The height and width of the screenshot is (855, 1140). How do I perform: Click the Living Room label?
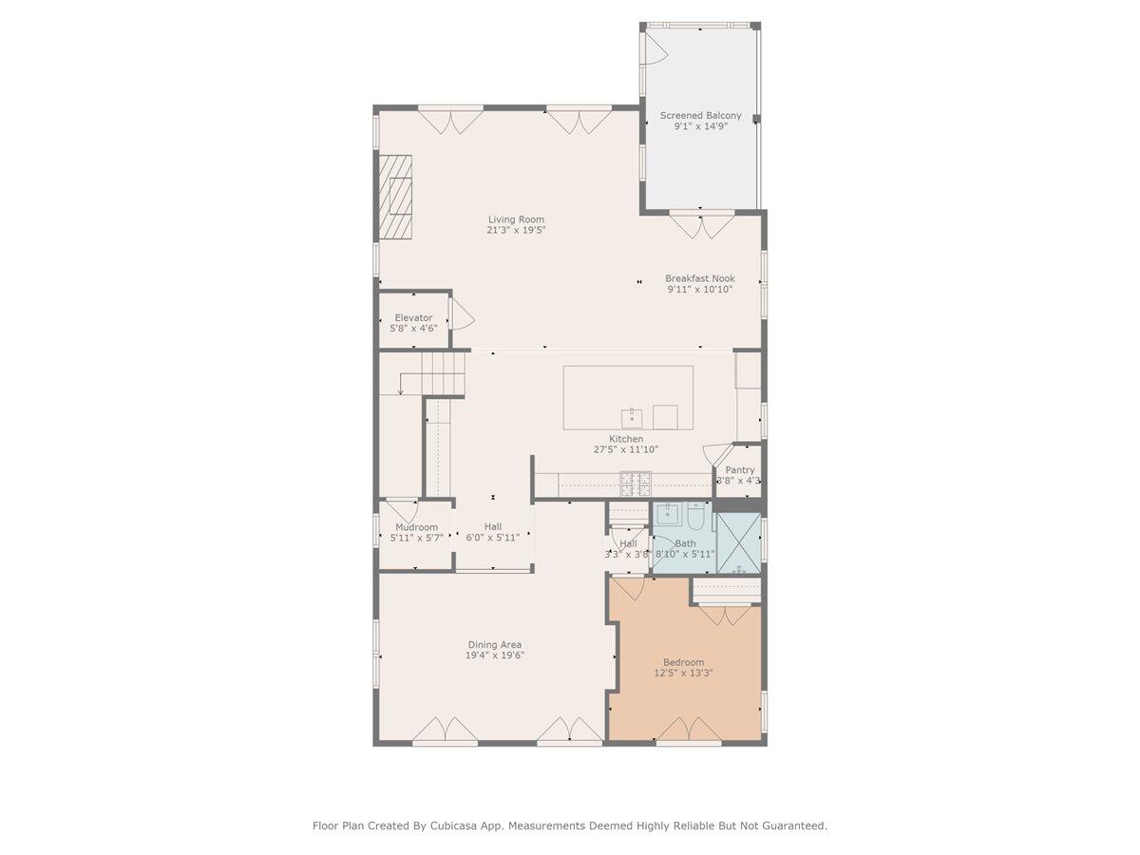tap(516, 219)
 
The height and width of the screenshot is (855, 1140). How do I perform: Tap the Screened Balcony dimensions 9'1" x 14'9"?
tap(700, 126)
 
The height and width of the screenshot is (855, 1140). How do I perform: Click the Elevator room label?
tap(413, 317)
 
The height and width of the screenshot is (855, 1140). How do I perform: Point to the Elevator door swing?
tap(460, 313)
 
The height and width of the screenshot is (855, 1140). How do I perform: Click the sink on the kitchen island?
tap(632, 416)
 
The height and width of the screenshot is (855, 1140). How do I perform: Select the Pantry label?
tap(740, 470)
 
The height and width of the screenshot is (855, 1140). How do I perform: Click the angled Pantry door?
tap(716, 453)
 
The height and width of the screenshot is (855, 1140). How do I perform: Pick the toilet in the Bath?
tap(695, 519)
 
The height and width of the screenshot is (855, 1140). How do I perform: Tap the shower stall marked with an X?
tap(737, 544)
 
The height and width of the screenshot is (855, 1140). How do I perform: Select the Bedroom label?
tap(683, 662)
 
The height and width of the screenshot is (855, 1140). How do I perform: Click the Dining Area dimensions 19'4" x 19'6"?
tap(494, 655)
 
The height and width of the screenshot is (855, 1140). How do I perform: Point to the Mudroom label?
tap(416, 527)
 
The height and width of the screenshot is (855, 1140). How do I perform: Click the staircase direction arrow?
tap(402, 385)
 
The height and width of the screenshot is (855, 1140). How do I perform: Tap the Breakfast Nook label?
tap(699, 278)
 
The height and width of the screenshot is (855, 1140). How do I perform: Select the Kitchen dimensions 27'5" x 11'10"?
tap(626, 450)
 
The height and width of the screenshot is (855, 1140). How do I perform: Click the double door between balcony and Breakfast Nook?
tap(700, 225)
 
